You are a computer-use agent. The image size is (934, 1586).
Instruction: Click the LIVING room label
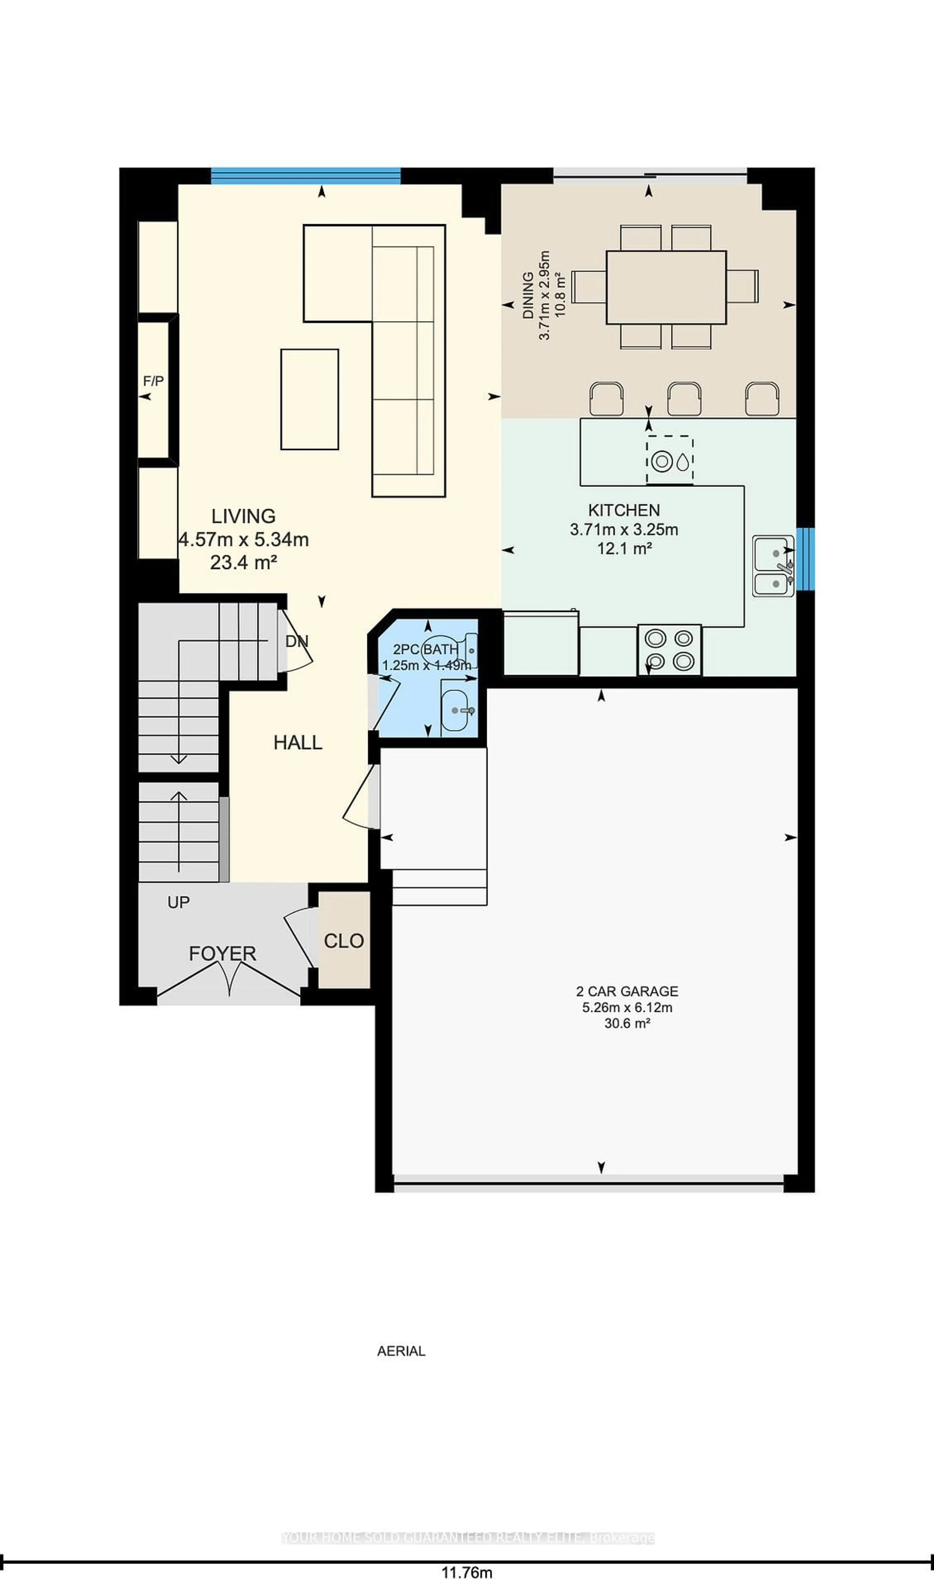[243, 516]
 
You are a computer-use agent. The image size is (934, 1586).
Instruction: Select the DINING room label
[528, 296]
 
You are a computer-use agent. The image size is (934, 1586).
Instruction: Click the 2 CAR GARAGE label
[627, 991]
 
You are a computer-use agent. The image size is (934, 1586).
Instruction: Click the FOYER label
[222, 954]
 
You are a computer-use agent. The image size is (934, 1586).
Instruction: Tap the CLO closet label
[344, 941]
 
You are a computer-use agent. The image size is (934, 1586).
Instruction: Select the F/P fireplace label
[153, 381]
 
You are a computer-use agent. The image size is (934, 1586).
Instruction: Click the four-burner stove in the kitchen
[669, 650]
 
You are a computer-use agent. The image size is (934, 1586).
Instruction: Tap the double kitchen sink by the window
[773, 566]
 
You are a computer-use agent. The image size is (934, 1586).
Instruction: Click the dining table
[666, 287]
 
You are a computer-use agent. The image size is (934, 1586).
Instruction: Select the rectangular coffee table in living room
[309, 399]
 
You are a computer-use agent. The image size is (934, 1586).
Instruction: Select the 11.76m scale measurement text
[467, 1572]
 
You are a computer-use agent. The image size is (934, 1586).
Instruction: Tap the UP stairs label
[178, 902]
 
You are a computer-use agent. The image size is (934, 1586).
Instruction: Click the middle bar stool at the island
[684, 399]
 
